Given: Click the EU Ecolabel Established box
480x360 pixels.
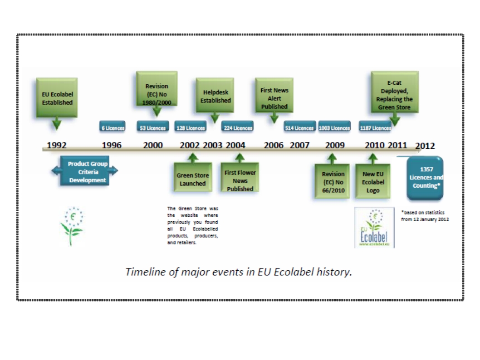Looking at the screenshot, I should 57,98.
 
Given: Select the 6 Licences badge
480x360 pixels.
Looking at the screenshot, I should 113,128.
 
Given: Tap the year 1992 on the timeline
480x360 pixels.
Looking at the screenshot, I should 57,146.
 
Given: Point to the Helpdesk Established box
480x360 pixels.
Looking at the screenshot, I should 215,96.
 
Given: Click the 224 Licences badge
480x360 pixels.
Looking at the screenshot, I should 238,128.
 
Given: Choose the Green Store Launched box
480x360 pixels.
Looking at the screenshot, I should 192,180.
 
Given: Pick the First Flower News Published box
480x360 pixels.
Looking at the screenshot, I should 240,180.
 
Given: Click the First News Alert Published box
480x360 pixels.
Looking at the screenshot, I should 274,98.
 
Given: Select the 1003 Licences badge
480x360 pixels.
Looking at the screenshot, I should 334,128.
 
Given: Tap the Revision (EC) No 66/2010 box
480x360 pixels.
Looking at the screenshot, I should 333,181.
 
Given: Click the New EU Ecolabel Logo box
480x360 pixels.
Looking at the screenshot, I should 373,181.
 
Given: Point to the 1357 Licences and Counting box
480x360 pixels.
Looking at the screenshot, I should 425,178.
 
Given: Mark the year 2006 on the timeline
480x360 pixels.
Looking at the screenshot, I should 274,146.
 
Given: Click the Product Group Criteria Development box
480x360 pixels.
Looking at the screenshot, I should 85,172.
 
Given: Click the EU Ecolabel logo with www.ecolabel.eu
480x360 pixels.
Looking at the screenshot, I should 374,228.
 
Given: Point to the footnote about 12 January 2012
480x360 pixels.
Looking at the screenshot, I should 425,216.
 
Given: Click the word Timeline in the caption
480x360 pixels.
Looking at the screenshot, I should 143,272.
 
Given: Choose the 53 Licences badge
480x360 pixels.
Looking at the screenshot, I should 152,128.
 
